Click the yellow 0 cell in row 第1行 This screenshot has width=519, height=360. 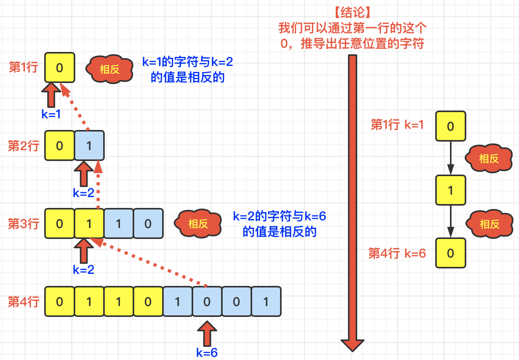coord(59,67)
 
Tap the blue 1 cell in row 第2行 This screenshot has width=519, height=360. coord(89,145)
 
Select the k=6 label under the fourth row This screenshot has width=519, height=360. coord(207,353)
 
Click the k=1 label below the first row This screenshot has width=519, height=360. coord(51,114)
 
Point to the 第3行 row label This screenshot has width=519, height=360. coord(23,224)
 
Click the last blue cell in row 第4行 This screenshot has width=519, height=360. coord(266,301)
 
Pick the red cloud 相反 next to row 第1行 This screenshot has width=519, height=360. coord(109,69)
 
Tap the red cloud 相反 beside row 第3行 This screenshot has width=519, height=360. coord(198,224)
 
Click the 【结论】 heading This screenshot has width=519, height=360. coord(353,12)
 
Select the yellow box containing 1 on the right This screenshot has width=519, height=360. coord(450,190)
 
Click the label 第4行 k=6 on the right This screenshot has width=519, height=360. coord(397,253)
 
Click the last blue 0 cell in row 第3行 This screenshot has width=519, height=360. coord(148,223)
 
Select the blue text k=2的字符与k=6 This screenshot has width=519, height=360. coord(279,216)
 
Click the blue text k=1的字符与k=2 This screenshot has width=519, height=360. coord(187,62)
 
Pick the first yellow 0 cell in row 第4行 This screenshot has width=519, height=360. coord(59,301)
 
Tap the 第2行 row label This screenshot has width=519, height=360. coord(23,146)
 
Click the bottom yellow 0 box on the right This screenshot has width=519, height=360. coord(450,253)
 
